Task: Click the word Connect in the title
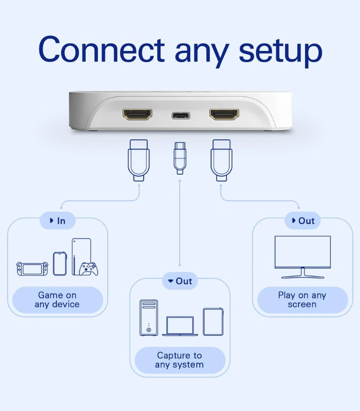click(x=101, y=49)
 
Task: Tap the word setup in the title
click(x=280, y=52)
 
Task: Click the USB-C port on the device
click(x=181, y=115)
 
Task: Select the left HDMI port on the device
click(x=137, y=114)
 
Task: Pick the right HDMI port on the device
click(x=224, y=114)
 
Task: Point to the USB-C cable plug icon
click(x=179, y=158)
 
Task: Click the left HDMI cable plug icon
click(x=138, y=160)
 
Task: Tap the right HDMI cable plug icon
click(x=222, y=160)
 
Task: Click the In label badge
click(x=58, y=221)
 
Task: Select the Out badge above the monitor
click(x=302, y=221)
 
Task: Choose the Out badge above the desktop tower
click(x=179, y=281)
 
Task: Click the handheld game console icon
click(x=32, y=269)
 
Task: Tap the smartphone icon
click(x=60, y=264)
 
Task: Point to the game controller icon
click(x=88, y=269)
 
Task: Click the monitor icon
click(x=302, y=257)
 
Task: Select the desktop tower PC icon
click(x=149, y=317)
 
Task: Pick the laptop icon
click(x=180, y=326)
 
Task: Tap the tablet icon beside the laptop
click(x=213, y=322)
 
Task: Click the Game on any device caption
click(x=58, y=300)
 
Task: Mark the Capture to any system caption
click(x=179, y=360)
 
